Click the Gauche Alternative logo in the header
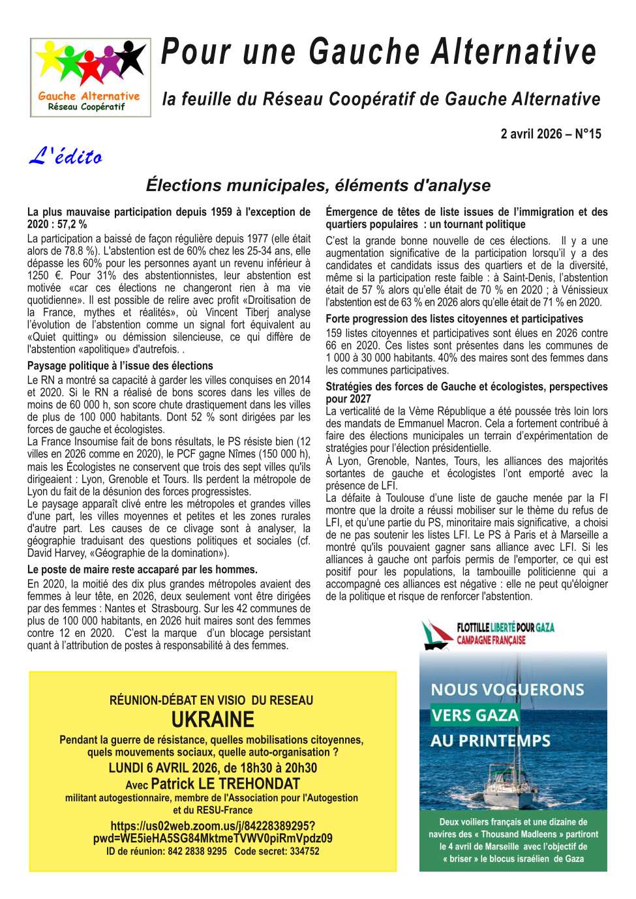(90, 77)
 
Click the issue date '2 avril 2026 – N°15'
(551, 134)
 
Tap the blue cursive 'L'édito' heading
(66, 156)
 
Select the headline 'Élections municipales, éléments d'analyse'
(318, 185)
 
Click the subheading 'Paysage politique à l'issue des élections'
(120, 366)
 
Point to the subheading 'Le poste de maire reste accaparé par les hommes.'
(142, 569)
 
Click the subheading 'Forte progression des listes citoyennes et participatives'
(454, 319)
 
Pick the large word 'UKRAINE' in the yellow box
(213, 720)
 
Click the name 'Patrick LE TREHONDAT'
(225, 784)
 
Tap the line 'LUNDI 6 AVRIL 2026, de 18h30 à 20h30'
(213, 767)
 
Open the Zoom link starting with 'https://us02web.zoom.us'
(213, 832)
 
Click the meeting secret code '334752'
(304, 851)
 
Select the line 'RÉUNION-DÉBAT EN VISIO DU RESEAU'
(211, 700)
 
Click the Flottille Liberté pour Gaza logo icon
(436, 635)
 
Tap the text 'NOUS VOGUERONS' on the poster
(507, 690)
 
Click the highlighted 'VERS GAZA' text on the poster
(475, 715)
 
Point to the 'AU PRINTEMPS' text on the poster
(491, 741)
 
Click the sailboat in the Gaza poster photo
(515, 779)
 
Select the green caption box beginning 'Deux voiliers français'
(513, 840)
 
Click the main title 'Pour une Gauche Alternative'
(378, 52)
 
